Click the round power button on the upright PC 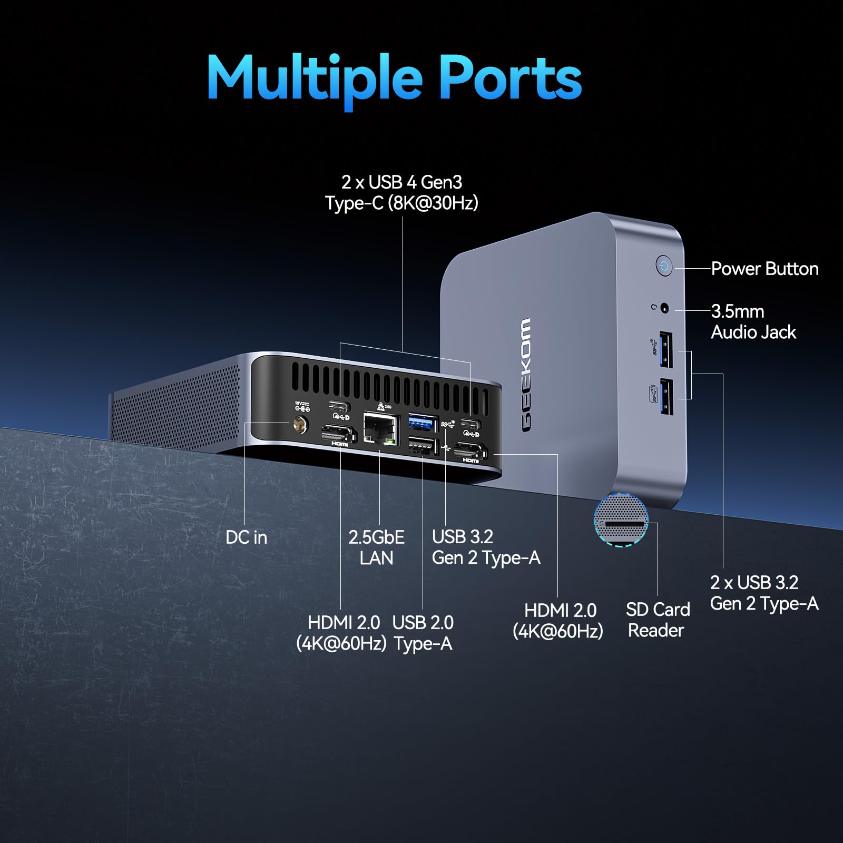coord(664,266)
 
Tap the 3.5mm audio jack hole coord(664,309)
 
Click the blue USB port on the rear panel coord(423,423)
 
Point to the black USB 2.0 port coord(423,447)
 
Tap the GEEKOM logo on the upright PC coord(526,375)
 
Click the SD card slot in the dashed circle coord(625,524)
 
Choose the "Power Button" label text coord(764,269)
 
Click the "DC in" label coord(246,537)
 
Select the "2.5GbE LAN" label coord(376,547)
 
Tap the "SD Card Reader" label coord(657,620)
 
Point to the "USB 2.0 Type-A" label coord(423,633)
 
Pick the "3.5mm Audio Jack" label coord(753,321)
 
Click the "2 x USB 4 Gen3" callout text coord(401,182)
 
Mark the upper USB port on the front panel coord(666,349)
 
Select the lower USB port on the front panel coord(667,396)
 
